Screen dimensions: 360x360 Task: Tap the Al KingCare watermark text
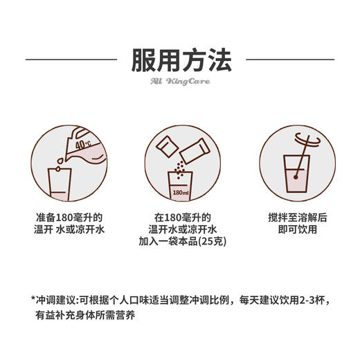[x=180, y=82]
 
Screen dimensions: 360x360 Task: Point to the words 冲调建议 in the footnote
[x=57, y=300]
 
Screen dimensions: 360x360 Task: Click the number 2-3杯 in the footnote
[x=307, y=300]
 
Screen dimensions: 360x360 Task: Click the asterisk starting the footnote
[x=33, y=299]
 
